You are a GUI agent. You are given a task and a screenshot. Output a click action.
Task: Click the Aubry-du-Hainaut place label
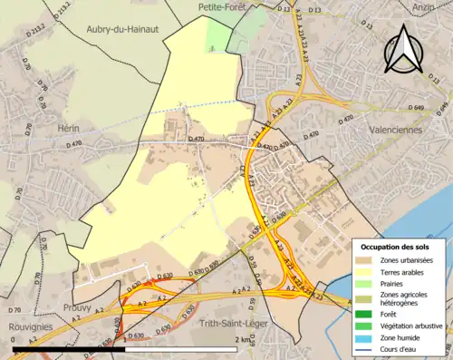[122, 29]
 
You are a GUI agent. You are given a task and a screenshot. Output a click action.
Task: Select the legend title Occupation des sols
[395, 247]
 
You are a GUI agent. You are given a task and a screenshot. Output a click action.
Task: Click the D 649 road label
[416, 107]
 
